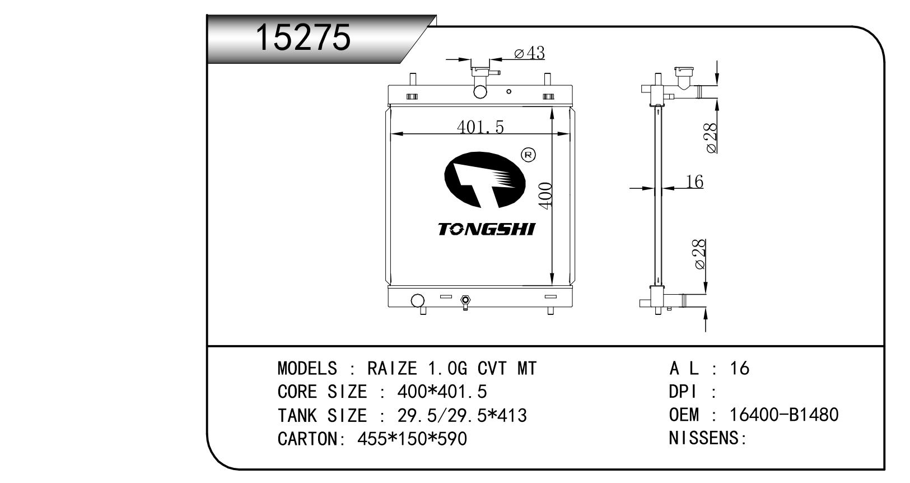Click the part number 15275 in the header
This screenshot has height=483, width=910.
(x=302, y=38)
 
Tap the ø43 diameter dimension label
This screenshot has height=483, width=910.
(x=529, y=53)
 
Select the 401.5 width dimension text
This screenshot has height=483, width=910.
(x=480, y=127)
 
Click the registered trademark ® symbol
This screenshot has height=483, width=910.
(x=528, y=155)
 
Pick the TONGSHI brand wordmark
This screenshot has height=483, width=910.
(x=487, y=229)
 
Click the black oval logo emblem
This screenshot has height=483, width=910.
(x=484, y=180)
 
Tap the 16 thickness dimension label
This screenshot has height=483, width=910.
(x=694, y=182)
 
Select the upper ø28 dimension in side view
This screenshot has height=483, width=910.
(x=712, y=138)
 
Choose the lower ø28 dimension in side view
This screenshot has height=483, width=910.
(x=700, y=254)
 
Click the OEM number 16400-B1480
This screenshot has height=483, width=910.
(x=784, y=415)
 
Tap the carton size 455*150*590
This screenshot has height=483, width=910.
(x=412, y=439)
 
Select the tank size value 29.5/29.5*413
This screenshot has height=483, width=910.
(x=462, y=416)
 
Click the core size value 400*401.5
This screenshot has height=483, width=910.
(x=442, y=392)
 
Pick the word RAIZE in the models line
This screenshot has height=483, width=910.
(x=392, y=368)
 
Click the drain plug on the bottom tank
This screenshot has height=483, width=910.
(x=465, y=303)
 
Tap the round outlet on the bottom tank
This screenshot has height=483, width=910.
(x=418, y=301)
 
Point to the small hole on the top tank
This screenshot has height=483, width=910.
(x=508, y=91)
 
